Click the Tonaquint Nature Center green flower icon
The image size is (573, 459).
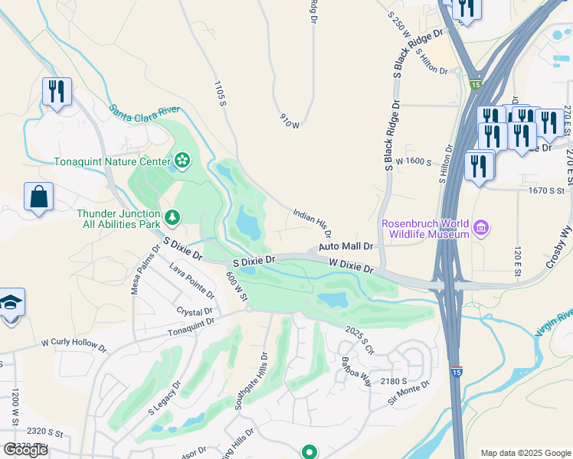tap(182, 161)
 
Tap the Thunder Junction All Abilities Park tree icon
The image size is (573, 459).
tap(173, 217)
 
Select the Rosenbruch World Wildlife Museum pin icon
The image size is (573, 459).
tap(480, 227)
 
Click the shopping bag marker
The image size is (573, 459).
tap(38, 197)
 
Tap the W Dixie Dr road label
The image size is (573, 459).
tap(351, 265)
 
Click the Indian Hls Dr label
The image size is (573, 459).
tap(311, 221)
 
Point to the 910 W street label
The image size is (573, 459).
tap(289, 120)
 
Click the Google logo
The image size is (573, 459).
tap(26, 450)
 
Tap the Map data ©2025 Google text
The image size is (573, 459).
tap(526, 453)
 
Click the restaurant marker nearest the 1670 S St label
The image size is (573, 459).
tap(480, 167)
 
